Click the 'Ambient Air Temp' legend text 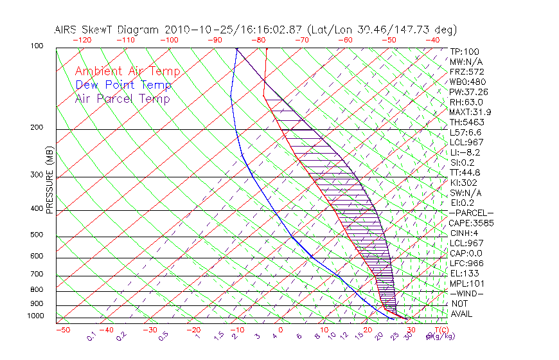[127, 71]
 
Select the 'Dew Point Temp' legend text [123, 85]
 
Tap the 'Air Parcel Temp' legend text [123, 98]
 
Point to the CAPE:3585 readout [470, 223]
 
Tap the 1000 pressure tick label [36, 316]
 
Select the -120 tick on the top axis [82, 40]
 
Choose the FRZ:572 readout [467, 71]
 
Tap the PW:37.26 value [470, 92]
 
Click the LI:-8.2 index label [465, 152]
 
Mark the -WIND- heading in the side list [467, 293]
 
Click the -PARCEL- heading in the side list [471, 213]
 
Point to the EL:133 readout [465, 273]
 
